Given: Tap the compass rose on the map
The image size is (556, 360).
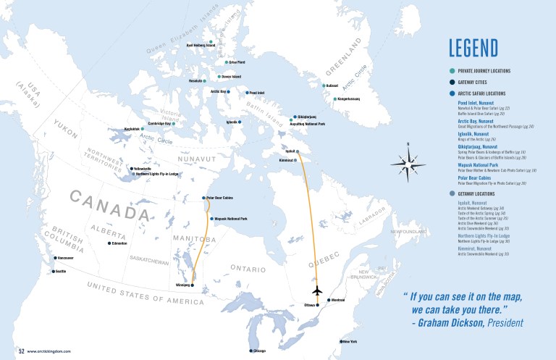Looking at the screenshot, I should click(408, 162).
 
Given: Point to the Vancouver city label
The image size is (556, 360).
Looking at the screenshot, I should click(67, 258).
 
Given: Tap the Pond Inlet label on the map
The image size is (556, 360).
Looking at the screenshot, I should click(258, 93).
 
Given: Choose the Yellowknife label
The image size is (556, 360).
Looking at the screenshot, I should click(143, 169).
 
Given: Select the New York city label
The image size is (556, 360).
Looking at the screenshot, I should click(350, 341).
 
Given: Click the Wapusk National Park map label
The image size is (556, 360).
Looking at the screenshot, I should click(231, 219).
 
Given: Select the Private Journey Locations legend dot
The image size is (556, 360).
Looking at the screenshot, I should click(452, 71).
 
